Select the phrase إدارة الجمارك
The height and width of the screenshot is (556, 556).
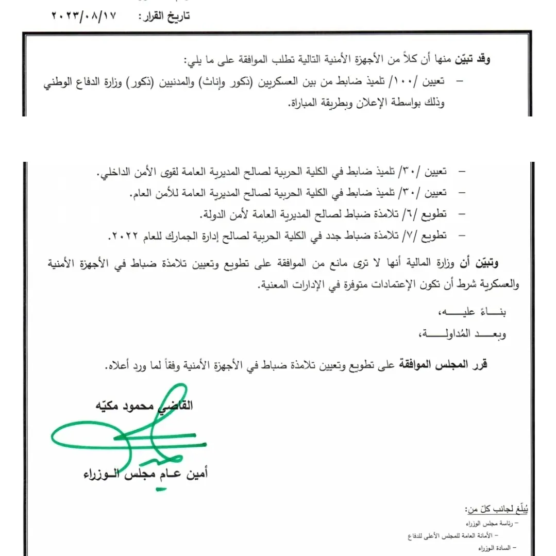(x=198, y=235)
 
